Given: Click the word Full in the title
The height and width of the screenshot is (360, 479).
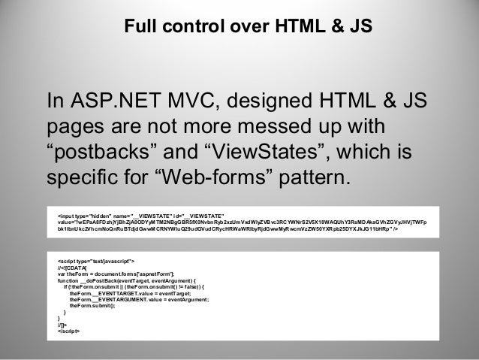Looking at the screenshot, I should point(140,28).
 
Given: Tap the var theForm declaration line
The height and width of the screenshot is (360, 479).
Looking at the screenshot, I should point(116,274).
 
